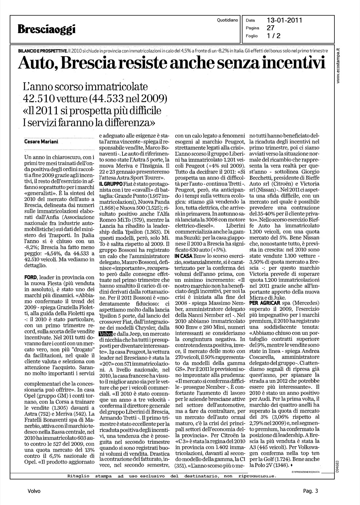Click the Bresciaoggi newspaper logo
(47, 30)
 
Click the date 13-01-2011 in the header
(284, 20)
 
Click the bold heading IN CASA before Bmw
(184, 256)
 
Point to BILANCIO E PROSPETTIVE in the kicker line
(42, 50)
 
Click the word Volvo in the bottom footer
(34, 491)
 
